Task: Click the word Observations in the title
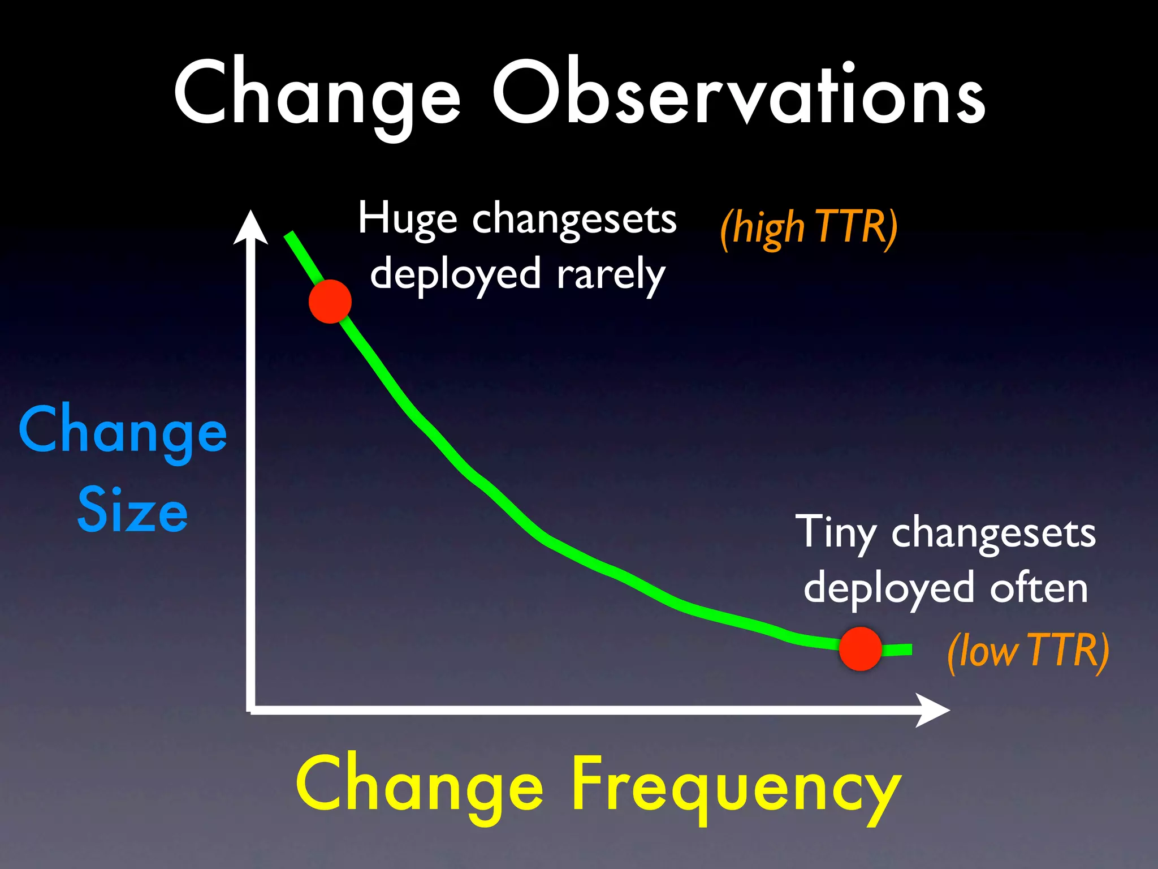[x=738, y=93]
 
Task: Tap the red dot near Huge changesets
[x=330, y=302]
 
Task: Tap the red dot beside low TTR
[x=860, y=649]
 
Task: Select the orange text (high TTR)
[x=809, y=228]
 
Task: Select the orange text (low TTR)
[x=1027, y=651]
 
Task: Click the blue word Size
[x=132, y=511]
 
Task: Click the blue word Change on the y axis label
[x=123, y=432]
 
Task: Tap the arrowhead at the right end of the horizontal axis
[x=933, y=710]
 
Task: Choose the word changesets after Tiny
[x=993, y=534]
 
